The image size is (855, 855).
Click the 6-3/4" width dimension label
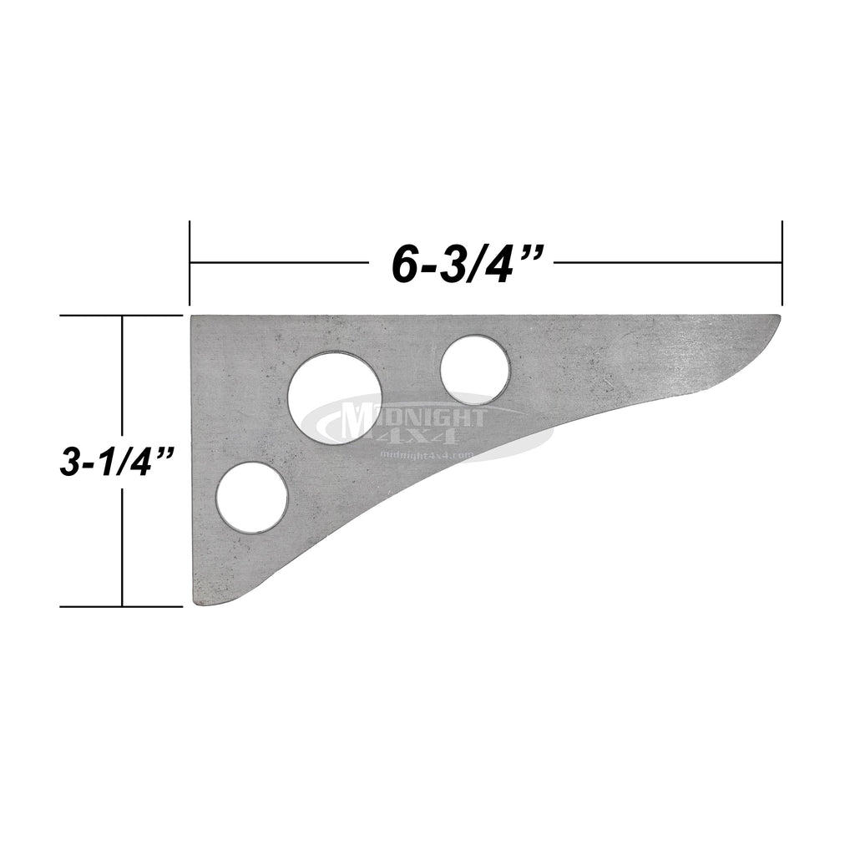pos(462,264)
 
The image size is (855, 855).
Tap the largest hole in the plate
pos(334,397)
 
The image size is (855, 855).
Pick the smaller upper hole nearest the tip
pos(474,370)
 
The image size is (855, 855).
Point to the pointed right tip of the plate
pos(778,318)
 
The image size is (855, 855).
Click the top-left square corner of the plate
pos(195,317)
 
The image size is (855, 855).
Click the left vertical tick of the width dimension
pos(190,263)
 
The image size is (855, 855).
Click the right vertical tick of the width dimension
pos(782,263)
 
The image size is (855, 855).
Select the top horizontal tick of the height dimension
pos(122,316)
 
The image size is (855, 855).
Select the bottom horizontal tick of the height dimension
pos(122,606)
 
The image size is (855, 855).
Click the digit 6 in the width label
pos(404,265)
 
